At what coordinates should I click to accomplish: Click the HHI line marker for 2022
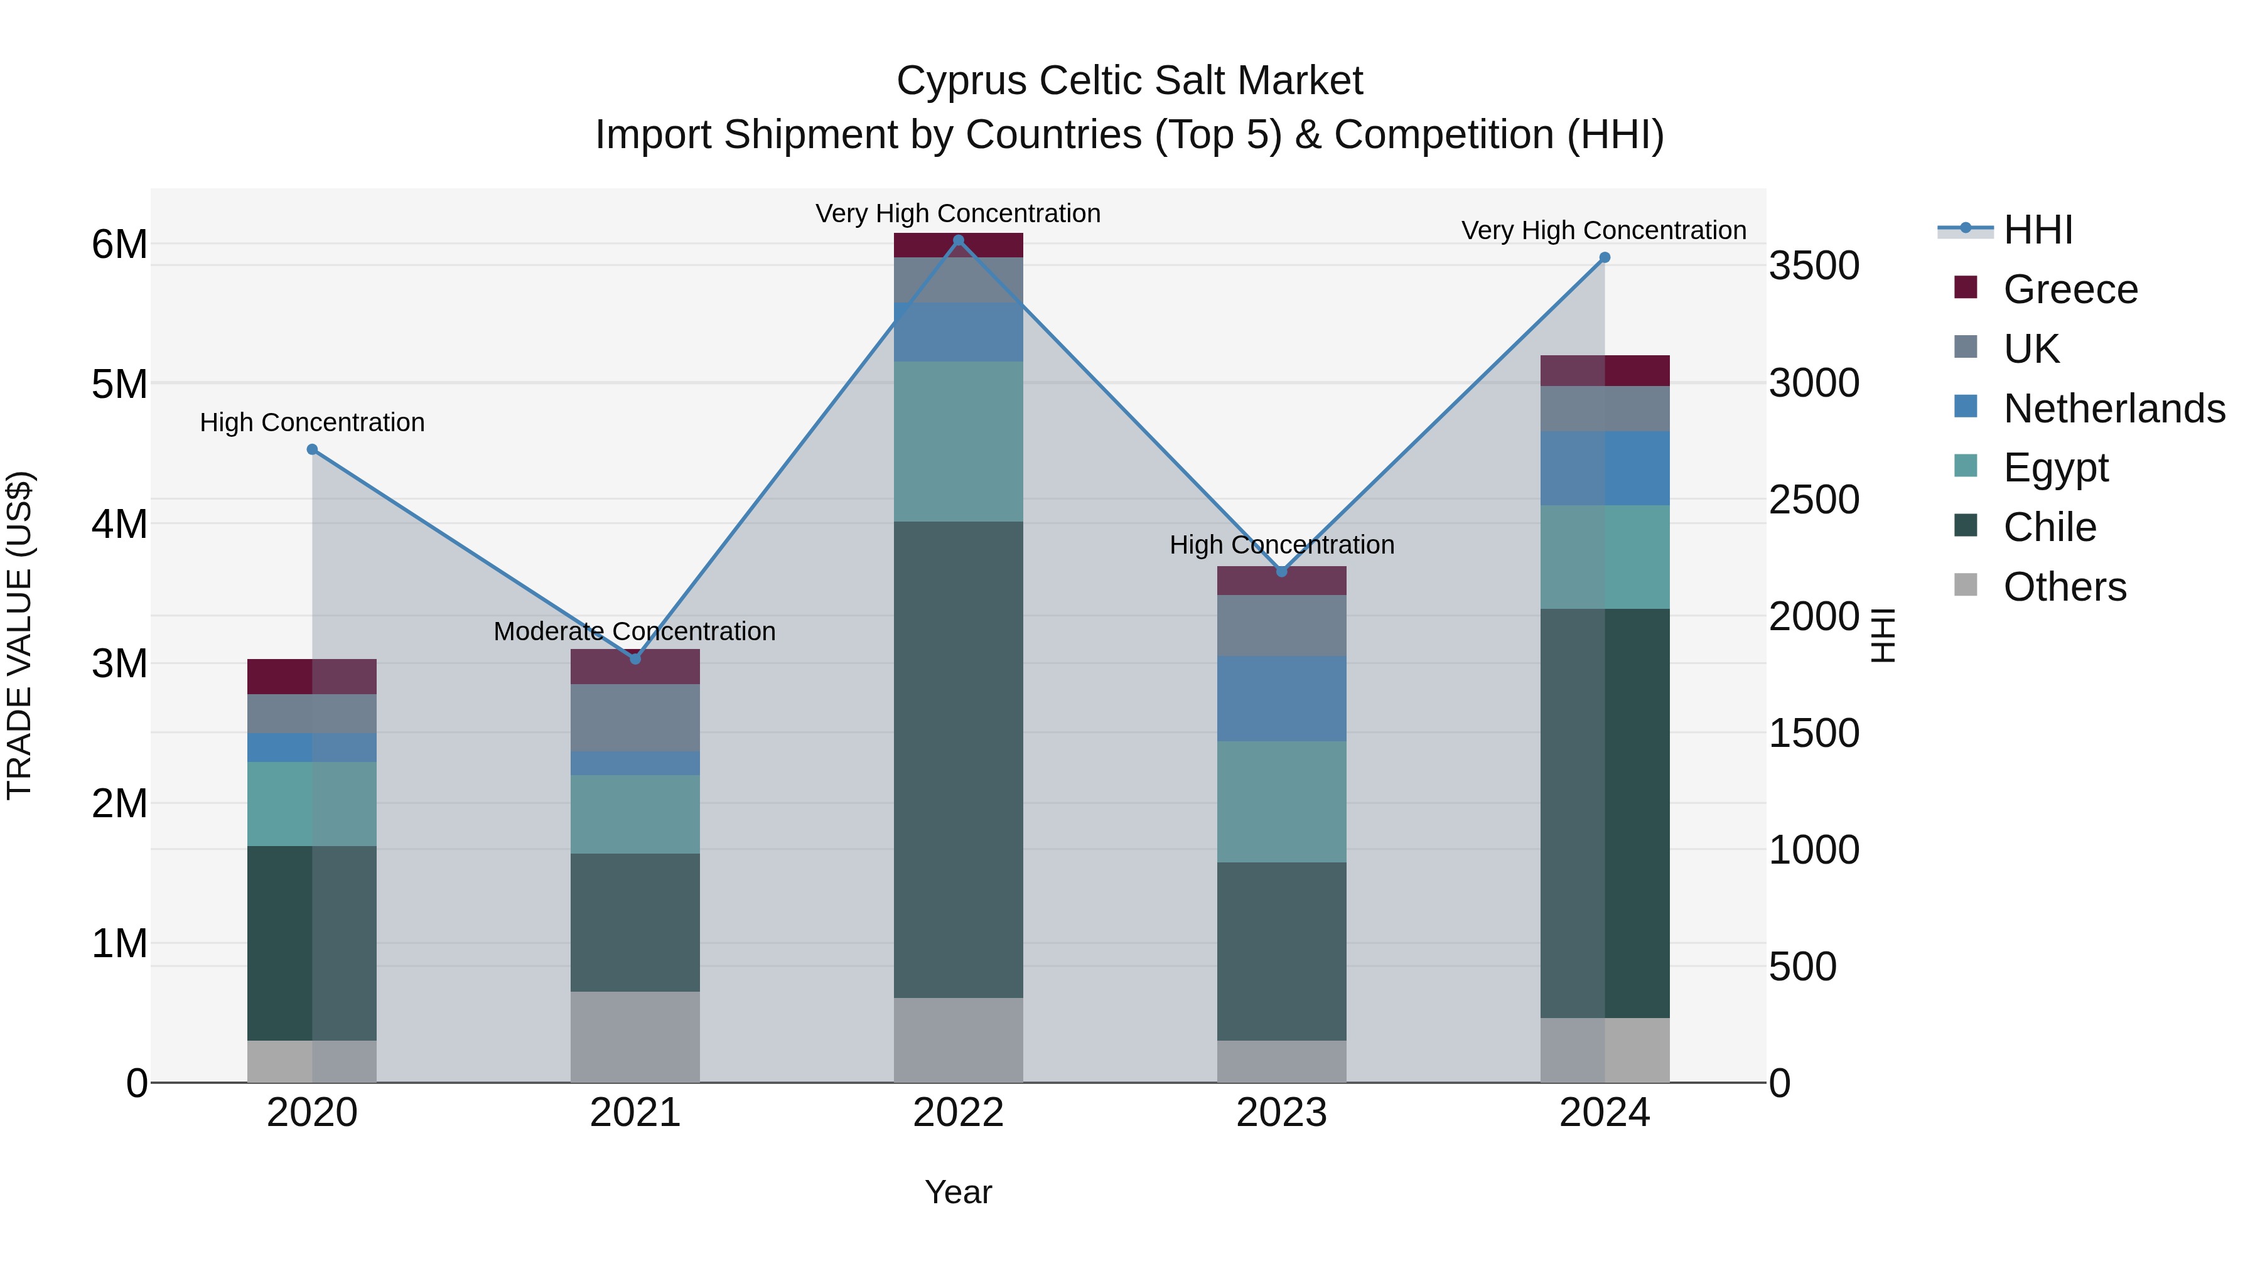pos(958,240)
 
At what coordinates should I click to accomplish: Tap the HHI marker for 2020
pos(313,449)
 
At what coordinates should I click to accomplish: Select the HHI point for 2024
pos(1605,257)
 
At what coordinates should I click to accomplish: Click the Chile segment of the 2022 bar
pos(958,759)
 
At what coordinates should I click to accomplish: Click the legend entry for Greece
pos(2070,289)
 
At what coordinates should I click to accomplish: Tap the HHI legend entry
pos(2037,230)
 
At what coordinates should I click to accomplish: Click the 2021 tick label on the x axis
pos(635,1113)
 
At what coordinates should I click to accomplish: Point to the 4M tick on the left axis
pos(119,525)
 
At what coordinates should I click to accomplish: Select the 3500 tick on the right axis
pos(1814,265)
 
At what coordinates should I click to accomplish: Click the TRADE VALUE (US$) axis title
pos(20,635)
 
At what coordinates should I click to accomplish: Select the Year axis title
pos(958,1192)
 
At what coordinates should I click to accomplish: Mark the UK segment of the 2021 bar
pos(635,717)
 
